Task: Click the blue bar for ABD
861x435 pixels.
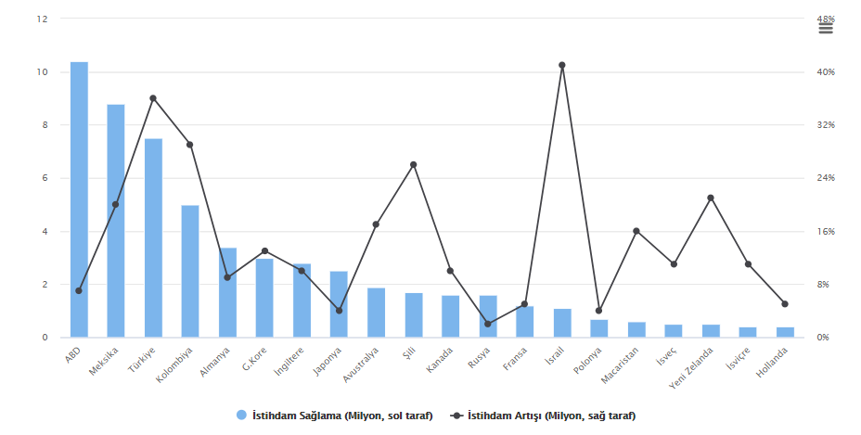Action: (x=79, y=199)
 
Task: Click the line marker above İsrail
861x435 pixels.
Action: (x=562, y=65)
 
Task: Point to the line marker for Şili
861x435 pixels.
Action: (x=414, y=165)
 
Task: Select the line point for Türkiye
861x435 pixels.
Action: (x=153, y=98)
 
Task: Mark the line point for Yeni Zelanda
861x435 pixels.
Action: (x=711, y=198)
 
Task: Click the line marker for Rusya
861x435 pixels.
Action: (x=488, y=324)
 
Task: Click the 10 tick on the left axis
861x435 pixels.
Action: (x=42, y=72)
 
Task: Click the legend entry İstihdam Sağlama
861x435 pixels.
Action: (x=335, y=416)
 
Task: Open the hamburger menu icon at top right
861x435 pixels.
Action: (x=826, y=28)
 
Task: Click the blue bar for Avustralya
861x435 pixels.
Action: (x=377, y=313)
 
